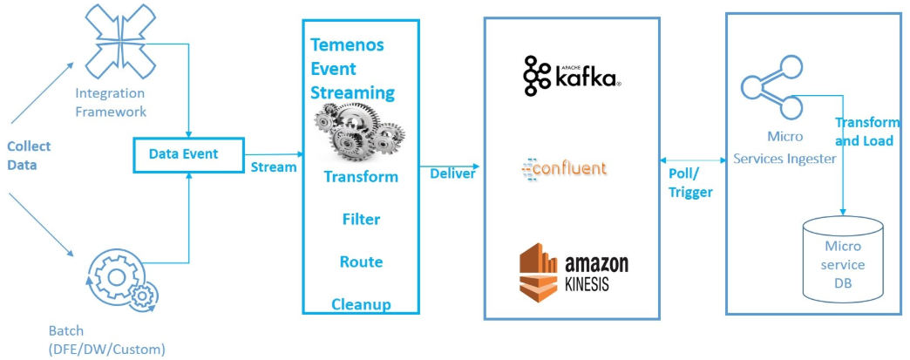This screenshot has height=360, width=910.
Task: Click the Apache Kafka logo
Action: click(x=571, y=77)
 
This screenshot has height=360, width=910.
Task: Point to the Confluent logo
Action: click(x=564, y=167)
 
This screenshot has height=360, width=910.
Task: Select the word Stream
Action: click(x=274, y=166)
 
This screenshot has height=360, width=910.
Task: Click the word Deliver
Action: click(x=452, y=173)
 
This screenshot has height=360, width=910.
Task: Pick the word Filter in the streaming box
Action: click(x=361, y=219)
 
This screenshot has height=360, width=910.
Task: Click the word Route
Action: click(x=361, y=262)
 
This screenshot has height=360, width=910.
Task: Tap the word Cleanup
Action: click(x=361, y=304)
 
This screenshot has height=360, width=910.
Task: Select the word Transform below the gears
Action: click(x=361, y=177)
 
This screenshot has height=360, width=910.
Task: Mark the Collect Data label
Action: click(x=29, y=154)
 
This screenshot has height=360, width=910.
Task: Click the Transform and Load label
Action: click(x=867, y=132)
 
